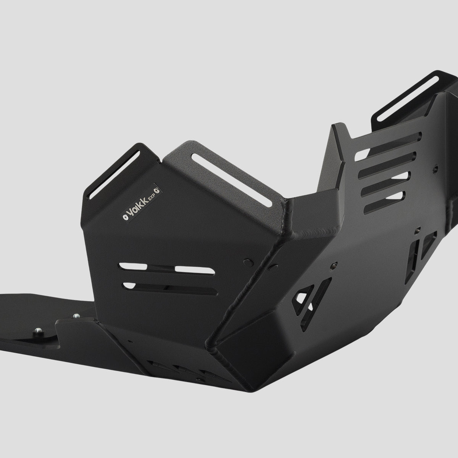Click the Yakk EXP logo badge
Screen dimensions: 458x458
(x=142, y=203)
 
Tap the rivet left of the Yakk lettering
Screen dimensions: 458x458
(x=124, y=217)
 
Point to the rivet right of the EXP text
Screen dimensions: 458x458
(x=156, y=190)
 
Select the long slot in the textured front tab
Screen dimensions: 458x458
(x=232, y=180)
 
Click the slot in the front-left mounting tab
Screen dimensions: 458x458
(x=113, y=175)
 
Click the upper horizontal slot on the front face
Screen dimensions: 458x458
(x=167, y=269)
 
